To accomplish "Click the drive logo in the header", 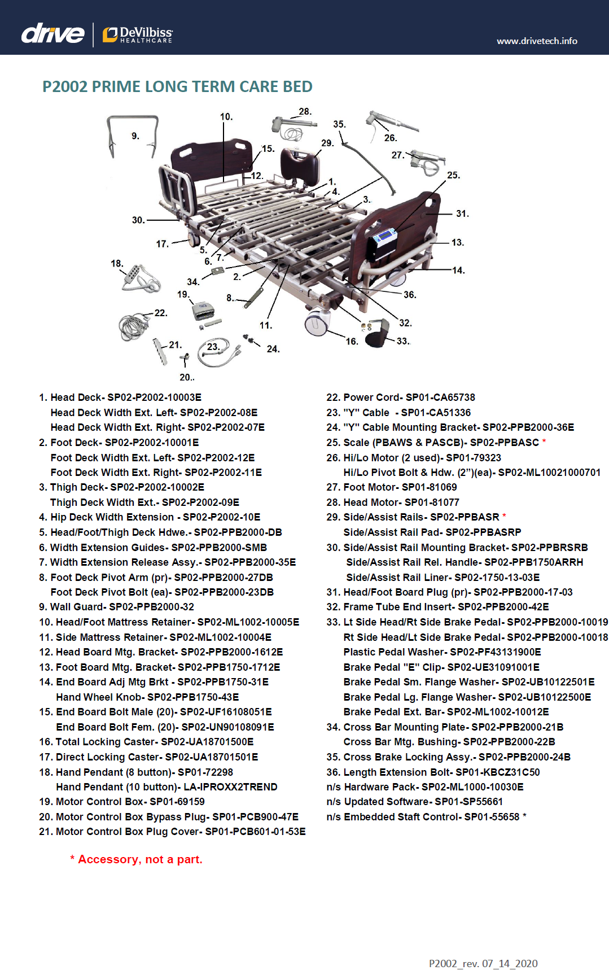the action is [x=52, y=34].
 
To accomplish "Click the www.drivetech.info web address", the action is [x=537, y=41].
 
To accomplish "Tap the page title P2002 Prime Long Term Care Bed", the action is [x=177, y=87].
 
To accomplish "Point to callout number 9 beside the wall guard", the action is [x=135, y=136].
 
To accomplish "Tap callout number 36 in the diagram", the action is [x=410, y=295].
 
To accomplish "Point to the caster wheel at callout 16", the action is [x=317, y=323].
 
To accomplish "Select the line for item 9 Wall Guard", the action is [x=116, y=607].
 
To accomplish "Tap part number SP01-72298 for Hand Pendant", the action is [x=205, y=772].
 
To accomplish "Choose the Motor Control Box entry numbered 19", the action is [x=122, y=802].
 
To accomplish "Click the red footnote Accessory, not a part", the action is [x=136, y=859].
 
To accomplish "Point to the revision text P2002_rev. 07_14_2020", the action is [x=483, y=963].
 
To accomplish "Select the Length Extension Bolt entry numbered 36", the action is [x=433, y=772].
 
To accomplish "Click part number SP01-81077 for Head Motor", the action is [x=432, y=502].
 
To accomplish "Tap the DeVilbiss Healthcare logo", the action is [x=138, y=35].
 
